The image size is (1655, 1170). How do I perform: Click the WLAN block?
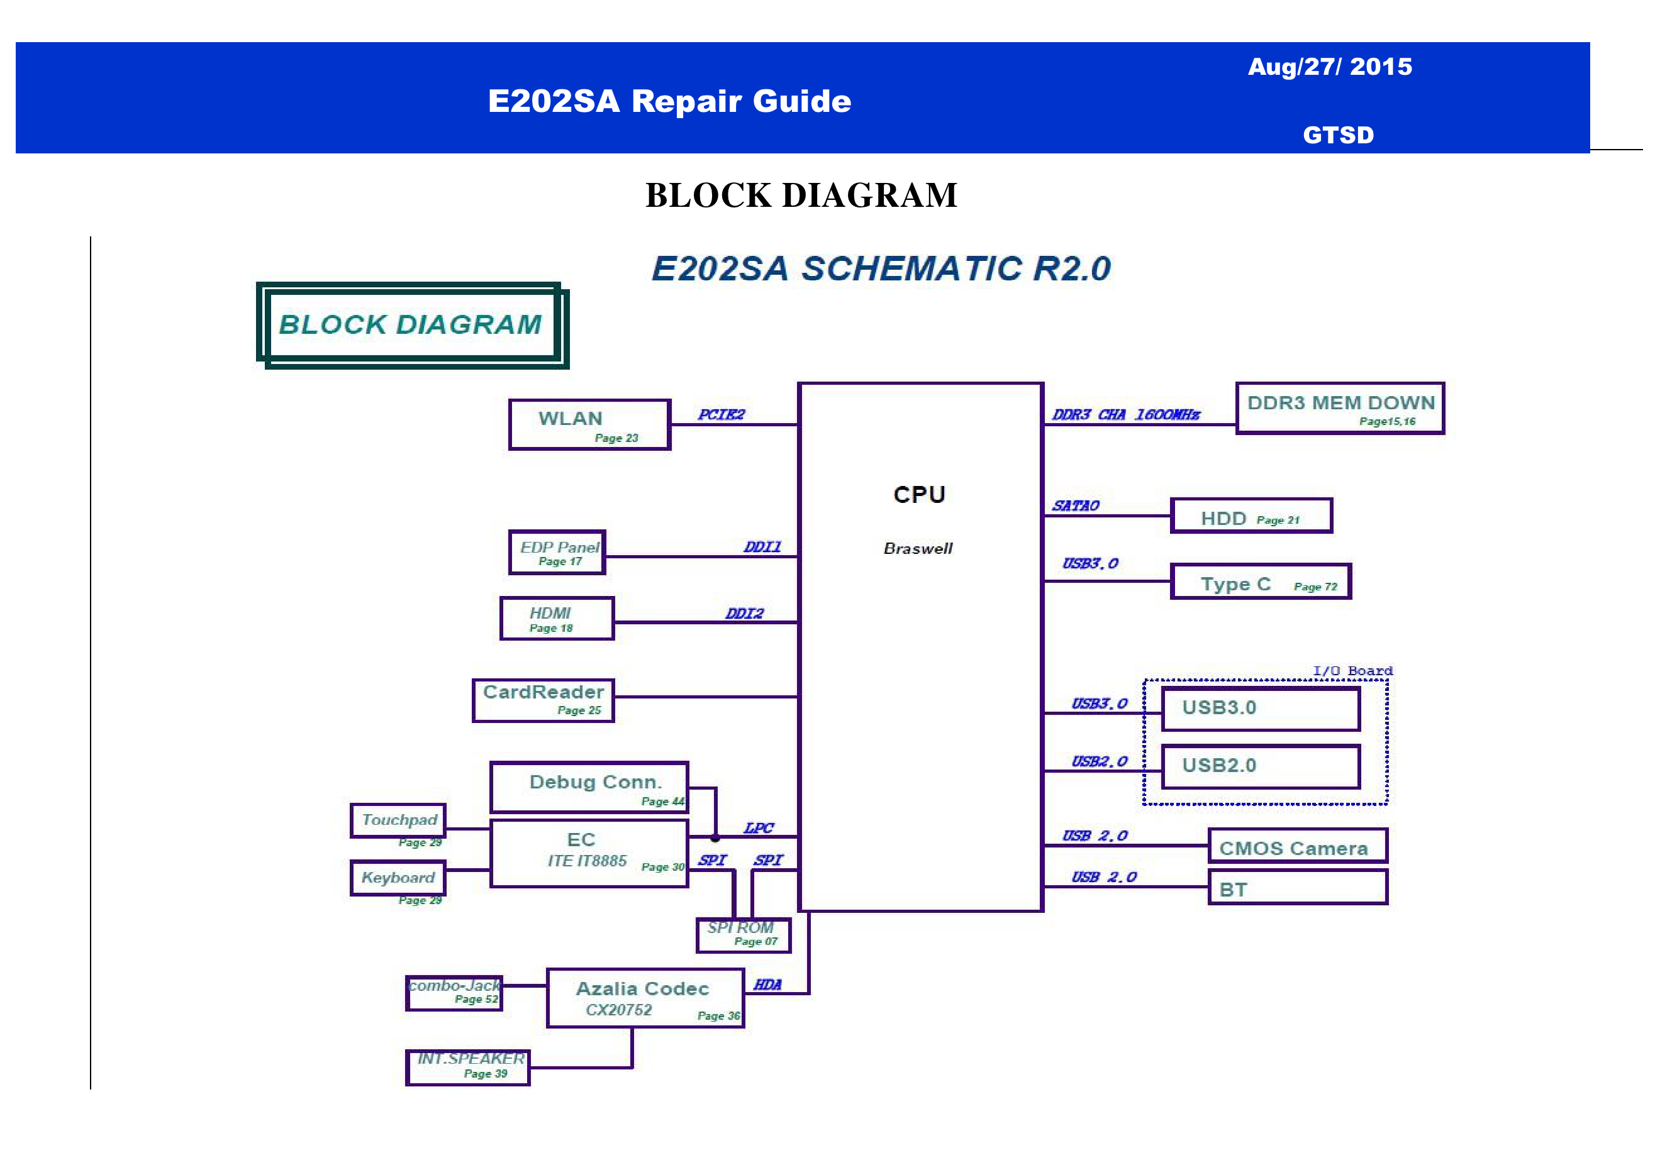[x=589, y=424]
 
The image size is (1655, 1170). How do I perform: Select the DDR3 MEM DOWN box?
[x=1340, y=408]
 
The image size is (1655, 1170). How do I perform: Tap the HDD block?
[x=1251, y=516]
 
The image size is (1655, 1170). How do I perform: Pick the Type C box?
[x=1260, y=582]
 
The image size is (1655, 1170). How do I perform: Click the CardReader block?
[x=543, y=700]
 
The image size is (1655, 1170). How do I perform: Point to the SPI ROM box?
[x=743, y=935]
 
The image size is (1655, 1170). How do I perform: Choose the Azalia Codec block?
[x=645, y=998]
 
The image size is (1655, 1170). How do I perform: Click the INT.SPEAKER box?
[x=468, y=1067]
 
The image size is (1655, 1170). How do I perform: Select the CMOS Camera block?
[x=1298, y=846]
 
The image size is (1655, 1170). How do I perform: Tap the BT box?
[x=1298, y=888]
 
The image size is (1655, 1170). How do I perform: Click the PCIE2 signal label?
[x=721, y=414]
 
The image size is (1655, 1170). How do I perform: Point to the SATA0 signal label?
[x=1076, y=505]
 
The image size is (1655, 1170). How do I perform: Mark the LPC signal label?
[x=758, y=828]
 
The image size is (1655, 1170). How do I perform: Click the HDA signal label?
[x=767, y=984]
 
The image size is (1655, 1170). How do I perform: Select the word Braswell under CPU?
[x=918, y=549]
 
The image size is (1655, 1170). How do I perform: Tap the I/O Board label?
[x=1352, y=671]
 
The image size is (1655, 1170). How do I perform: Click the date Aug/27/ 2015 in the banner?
[x=1330, y=67]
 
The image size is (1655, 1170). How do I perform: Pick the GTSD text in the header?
[x=1338, y=135]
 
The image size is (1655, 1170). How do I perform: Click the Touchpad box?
[x=398, y=820]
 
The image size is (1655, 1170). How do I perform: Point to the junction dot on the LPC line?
[x=715, y=838]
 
